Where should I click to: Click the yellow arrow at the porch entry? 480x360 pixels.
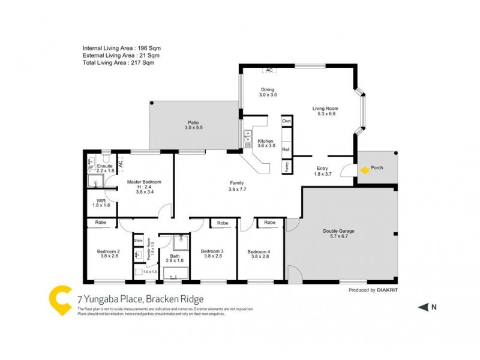click(x=364, y=170)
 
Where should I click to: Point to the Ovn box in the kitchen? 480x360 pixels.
click(x=286, y=121)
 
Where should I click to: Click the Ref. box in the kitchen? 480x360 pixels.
click(x=286, y=149)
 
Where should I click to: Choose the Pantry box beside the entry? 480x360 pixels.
click(x=287, y=166)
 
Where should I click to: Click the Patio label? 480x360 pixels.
click(x=193, y=122)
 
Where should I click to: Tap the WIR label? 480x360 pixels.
click(x=101, y=200)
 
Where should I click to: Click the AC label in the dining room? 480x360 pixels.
click(x=269, y=70)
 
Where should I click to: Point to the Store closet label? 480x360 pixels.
click(x=138, y=241)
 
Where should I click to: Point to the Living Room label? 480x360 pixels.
click(x=325, y=109)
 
